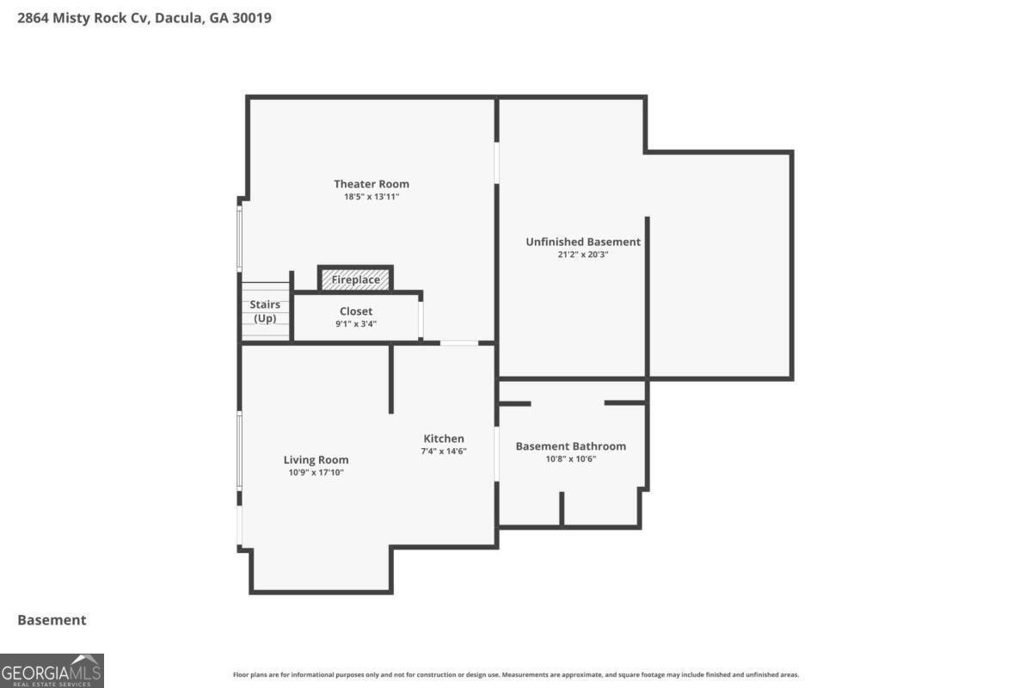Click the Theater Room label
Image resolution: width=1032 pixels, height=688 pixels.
(x=371, y=184)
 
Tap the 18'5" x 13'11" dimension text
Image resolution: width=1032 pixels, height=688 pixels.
(x=371, y=197)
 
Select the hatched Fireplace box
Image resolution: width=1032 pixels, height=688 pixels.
(x=356, y=279)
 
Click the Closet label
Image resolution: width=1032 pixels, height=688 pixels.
(x=356, y=311)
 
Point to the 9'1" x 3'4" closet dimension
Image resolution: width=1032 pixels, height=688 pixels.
(x=356, y=324)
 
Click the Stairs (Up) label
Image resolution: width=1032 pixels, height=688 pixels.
(x=264, y=311)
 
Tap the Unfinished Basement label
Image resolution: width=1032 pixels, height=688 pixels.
(x=583, y=243)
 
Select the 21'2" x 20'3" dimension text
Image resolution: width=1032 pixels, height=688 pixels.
(x=583, y=255)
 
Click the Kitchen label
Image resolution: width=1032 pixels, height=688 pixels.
(x=443, y=439)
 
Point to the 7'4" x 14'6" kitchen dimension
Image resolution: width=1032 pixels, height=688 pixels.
(x=443, y=451)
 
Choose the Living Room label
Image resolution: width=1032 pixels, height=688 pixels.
(x=316, y=460)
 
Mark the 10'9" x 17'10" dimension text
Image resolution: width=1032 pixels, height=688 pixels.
(x=316, y=472)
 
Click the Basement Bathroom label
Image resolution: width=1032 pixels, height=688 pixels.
(x=570, y=446)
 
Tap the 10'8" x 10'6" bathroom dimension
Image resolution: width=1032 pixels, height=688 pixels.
(x=570, y=459)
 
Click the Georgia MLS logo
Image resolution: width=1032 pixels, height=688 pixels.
(x=52, y=670)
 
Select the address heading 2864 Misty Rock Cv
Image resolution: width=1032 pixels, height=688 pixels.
(x=144, y=17)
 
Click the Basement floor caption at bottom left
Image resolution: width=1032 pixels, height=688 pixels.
(x=52, y=620)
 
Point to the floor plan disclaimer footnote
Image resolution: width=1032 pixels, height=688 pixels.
(x=516, y=675)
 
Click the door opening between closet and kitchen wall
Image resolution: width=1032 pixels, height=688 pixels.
(x=459, y=343)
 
